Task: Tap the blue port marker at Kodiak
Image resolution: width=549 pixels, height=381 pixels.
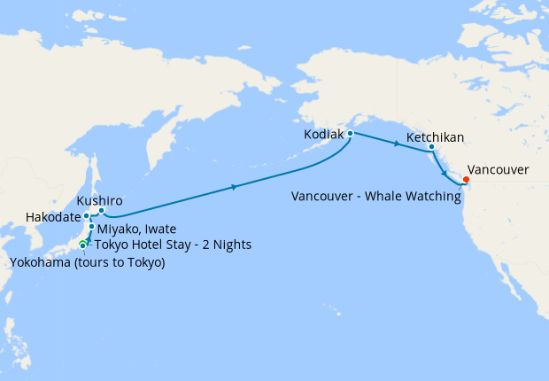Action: click(x=351, y=134)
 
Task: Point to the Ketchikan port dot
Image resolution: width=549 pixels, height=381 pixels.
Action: click(x=431, y=147)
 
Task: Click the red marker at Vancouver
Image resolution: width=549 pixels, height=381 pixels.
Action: click(x=467, y=181)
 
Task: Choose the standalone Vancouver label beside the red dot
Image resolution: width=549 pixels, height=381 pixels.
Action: click(x=498, y=169)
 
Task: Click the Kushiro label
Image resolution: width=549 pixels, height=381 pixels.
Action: click(x=99, y=201)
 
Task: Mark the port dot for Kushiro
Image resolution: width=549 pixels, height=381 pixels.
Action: click(x=101, y=211)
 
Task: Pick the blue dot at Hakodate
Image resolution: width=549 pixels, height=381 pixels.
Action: click(x=87, y=216)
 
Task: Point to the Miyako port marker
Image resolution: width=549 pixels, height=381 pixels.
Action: click(x=91, y=228)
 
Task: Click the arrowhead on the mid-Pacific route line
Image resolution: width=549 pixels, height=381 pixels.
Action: click(x=234, y=187)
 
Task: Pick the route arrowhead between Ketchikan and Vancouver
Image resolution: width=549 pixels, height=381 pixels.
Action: click(x=444, y=175)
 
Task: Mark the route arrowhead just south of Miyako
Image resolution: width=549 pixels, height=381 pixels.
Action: click(x=89, y=237)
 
